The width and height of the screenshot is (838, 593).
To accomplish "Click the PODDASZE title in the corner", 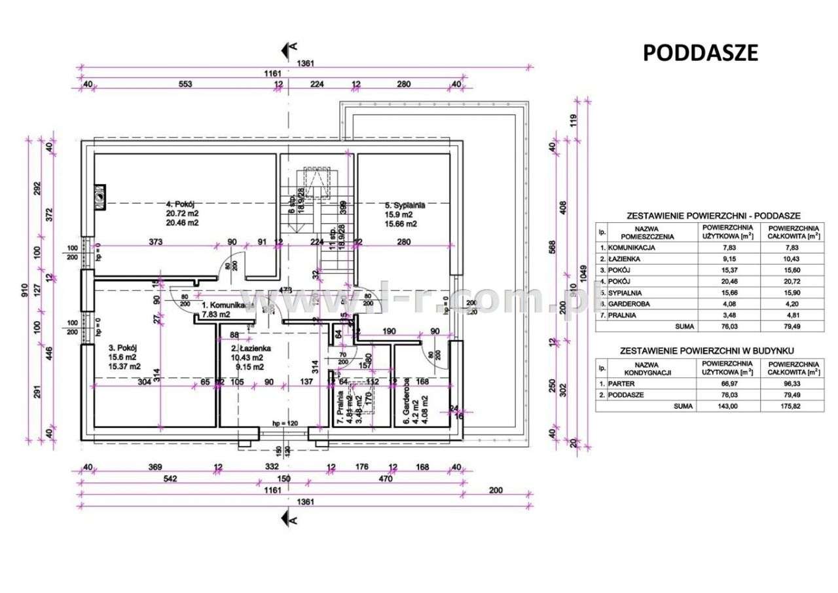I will [x=700, y=52].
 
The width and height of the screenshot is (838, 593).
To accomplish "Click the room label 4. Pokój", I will [x=182, y=204].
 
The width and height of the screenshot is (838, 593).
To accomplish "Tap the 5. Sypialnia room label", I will [x=405, y=205].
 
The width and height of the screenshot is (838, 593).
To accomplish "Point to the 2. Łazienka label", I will [x=246, y=349].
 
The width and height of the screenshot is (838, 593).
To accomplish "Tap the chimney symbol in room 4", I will [x=100, y=195].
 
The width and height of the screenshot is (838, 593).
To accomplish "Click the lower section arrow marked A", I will [x=288, y=519].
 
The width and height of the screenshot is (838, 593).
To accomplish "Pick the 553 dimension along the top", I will [x=185, y=83].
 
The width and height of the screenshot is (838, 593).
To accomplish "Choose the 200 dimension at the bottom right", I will [x=495, y=490].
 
